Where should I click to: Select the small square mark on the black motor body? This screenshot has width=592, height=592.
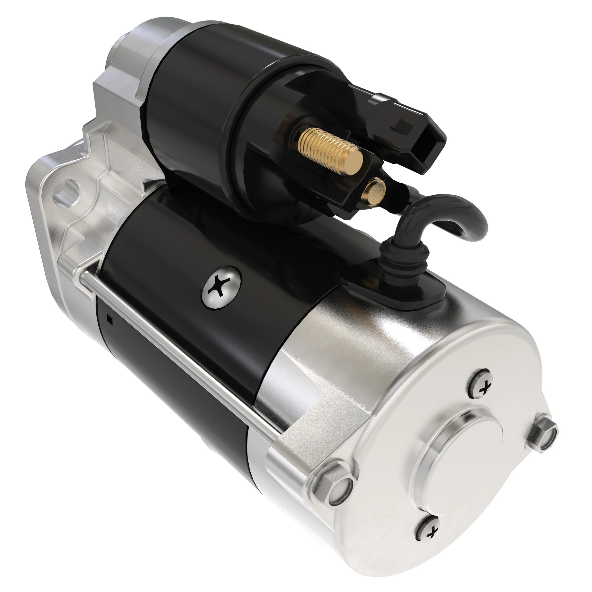click(110, 321)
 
